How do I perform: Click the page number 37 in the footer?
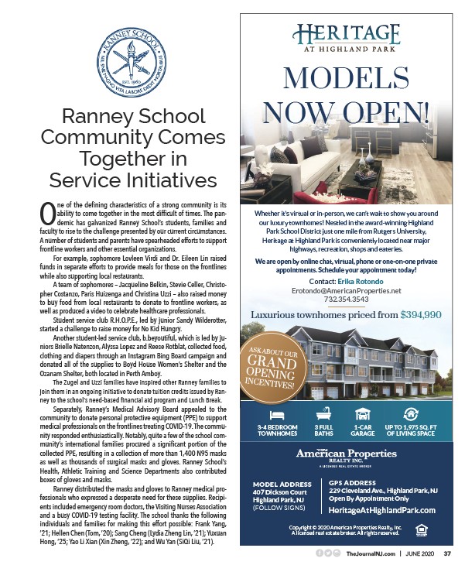pos(447,554)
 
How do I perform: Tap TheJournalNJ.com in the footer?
pos(367,554)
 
